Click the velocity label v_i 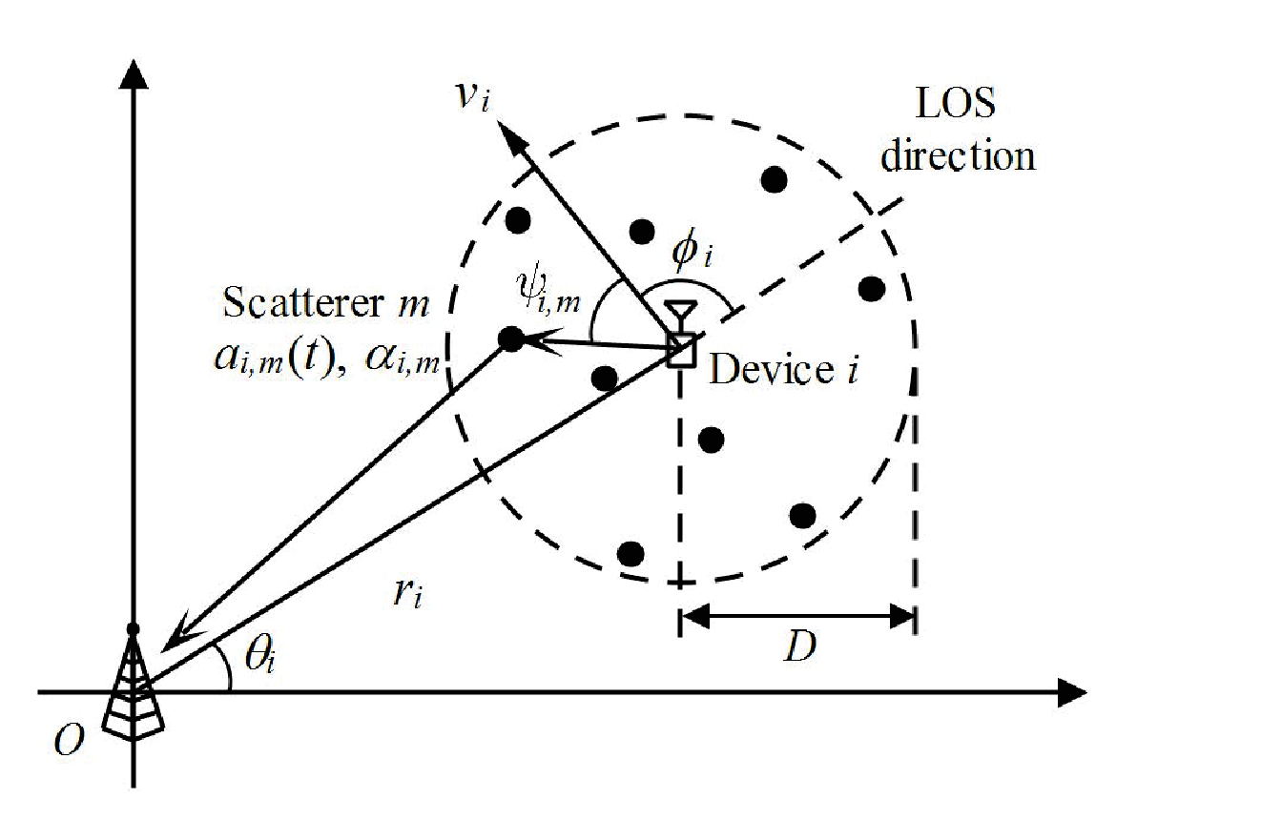pyautogui.click(x=473, y=97)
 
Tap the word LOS pyautogui.click(x=956, y=103)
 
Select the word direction pyautogui.click(x=958, y=155)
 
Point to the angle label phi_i pyautogui.click(x=692, y=251)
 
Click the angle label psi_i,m pyautogui.click(x=548, y=289)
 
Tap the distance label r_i pyautogui.click(x=407, y=593)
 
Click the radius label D pyautogui.click(x=800, y=646)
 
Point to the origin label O pyautogui.click(x=69, y=739)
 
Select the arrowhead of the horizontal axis pyautogui.click(x=1071, y=692)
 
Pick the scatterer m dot pyautogui.click(x=511, y=338)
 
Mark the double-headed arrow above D pyautogui.click(x=797, y=616)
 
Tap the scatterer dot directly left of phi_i pyautogui.click(x=642, y=232)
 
